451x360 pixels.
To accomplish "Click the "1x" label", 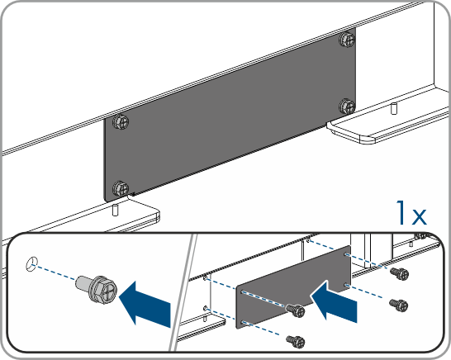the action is (x=411, y=213).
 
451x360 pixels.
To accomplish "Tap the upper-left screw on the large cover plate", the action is (x=121, y=122).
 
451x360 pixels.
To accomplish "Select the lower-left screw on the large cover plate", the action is (x=121, y=188).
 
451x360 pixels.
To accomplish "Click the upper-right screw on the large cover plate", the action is (x=348, y=40).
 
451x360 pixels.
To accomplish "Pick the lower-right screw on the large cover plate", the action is (x=347, y=107).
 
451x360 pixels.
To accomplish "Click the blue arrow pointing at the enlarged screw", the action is (x=145, y=303).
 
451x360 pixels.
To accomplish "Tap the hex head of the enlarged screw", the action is (x=103, y=289).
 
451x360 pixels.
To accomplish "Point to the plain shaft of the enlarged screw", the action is (x=83, y=282).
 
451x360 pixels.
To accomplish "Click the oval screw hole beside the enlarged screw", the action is (x=31, y=263).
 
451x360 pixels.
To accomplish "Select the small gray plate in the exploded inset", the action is (x=293, y=287).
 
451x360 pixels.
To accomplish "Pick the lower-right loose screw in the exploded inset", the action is (x=399, y=305).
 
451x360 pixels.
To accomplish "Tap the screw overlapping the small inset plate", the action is (x=295, y=310).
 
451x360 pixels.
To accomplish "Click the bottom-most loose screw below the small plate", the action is (x=296, y=341).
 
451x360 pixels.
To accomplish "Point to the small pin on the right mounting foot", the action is (x=394, y=108).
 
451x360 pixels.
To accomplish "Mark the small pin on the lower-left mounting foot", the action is (x=115, y=210).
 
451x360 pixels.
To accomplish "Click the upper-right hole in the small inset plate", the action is (x=346, y=254).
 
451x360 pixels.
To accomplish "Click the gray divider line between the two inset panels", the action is (x=183, y=292).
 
